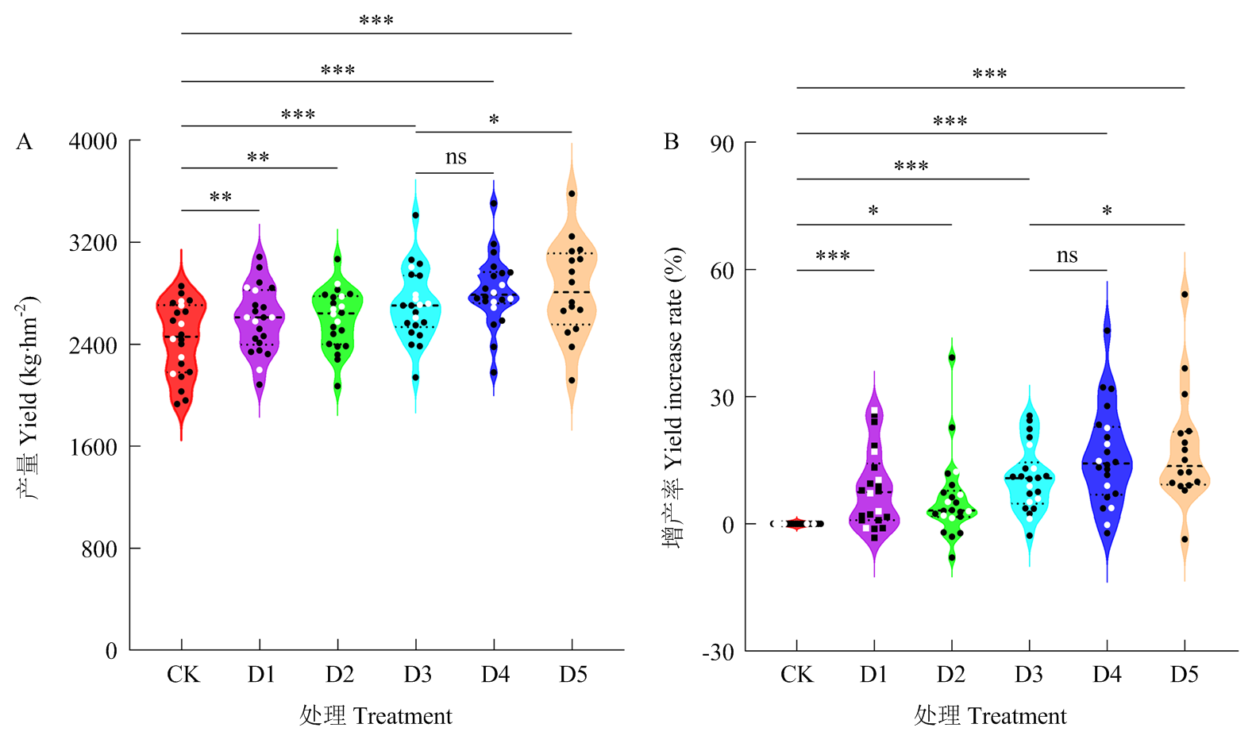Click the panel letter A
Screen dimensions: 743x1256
tap(25, 142)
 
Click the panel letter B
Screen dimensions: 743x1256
tap(671, 142)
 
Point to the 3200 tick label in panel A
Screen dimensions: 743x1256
tap(93, 243)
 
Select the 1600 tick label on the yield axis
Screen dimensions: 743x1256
tap(93, 447)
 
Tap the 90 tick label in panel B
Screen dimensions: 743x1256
tap(722, 144)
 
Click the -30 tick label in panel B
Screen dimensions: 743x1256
tap(718, 653)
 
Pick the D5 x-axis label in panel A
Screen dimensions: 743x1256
tap(572, 675)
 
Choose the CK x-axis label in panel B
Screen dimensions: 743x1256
tap(796, 675)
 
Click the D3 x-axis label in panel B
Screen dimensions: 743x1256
tap(1029, 675)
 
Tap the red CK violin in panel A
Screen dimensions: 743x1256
tap(181, 349)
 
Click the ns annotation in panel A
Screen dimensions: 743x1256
tap(456, 157)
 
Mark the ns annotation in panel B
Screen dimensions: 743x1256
tap(1067, 256)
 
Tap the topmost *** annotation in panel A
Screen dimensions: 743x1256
tap(376, 21)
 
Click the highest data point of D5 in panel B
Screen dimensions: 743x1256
tap(1185, 295)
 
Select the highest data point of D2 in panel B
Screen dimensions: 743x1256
tap(952, 358)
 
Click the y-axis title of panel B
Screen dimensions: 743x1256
tap(673, 397)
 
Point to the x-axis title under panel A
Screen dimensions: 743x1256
tap(376, 716)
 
